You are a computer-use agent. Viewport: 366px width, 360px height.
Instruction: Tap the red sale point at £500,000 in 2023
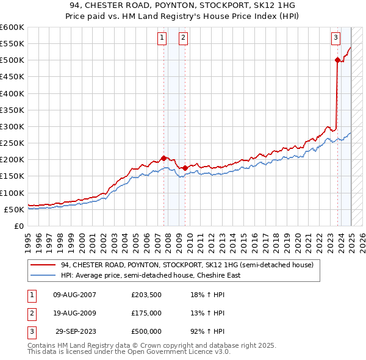pos(337,60)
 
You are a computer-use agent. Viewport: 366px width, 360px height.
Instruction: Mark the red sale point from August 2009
pos(185,168)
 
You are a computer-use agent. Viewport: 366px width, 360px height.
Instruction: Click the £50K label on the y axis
pos(13,209)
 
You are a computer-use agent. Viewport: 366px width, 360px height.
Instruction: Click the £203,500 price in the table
pos(146,295)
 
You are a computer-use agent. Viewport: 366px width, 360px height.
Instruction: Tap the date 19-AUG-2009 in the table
pos(74,313)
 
